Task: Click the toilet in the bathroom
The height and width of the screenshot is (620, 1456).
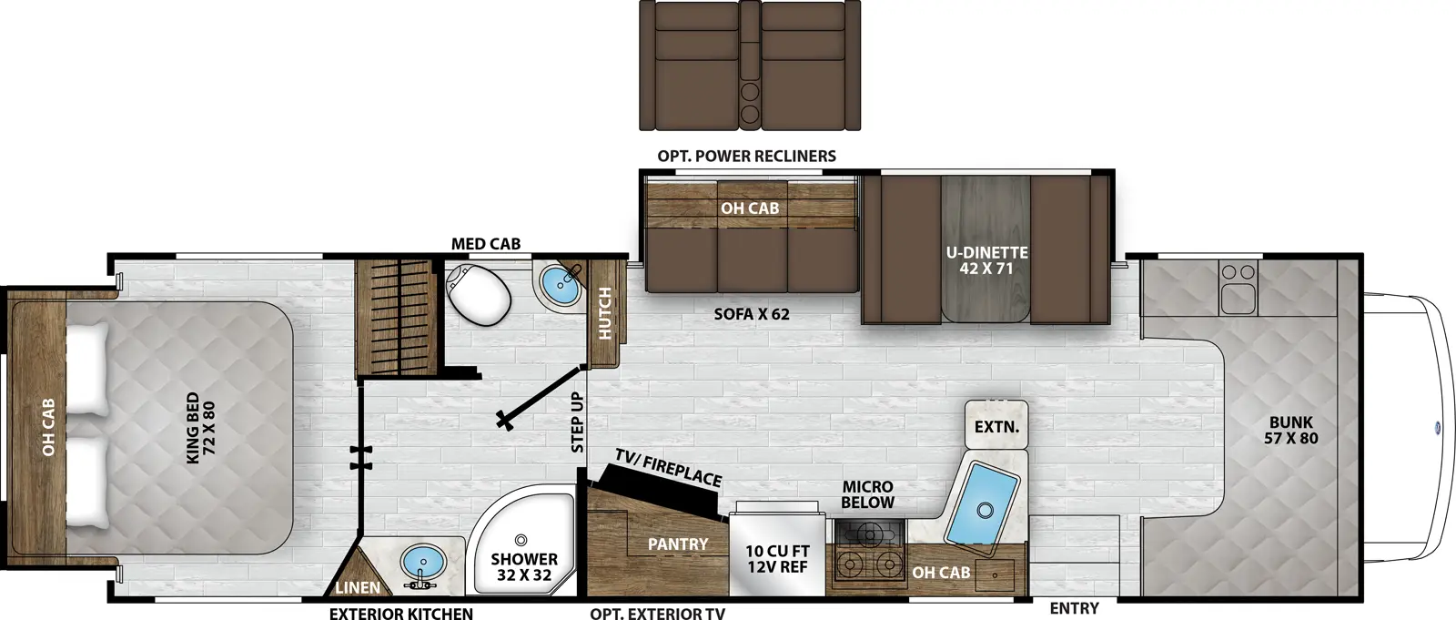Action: [x=479, y=293]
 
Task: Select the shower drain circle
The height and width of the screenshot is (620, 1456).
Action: [x=521, y=541]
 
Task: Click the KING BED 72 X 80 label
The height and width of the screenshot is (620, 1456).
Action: [x=200, y=427]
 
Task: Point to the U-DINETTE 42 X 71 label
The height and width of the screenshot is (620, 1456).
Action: [x=986, y=259]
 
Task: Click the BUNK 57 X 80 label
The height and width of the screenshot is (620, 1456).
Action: [x=1290, y=430]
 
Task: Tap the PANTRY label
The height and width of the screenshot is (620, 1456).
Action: [x=677, y=544]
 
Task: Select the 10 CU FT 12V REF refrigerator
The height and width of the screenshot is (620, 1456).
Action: [x=777, y=558]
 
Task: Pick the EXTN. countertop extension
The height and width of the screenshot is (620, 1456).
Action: [x=996, y=426]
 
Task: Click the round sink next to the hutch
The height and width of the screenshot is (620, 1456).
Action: [x=560, y=284]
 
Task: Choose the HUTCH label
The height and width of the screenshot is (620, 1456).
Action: [x=605, y=313]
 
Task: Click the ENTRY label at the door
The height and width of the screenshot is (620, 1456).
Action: [x=1074, y=608]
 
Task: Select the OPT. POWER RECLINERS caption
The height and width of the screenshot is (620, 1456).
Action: [x=746, y=156]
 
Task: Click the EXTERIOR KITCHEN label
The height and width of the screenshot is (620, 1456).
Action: [x=400, y=614]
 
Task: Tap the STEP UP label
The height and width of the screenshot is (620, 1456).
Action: [x=577, y=422]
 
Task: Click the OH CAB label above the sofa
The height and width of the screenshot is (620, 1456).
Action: [x=750, y=208]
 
